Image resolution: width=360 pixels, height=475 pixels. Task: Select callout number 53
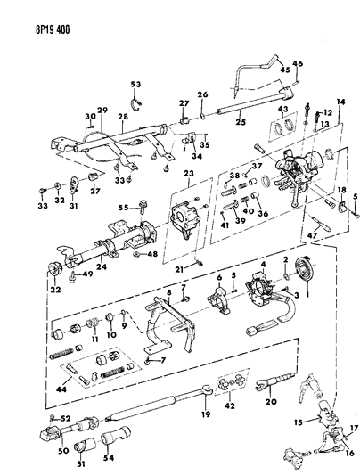point(135,85)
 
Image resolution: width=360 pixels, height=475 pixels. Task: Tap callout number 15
point(301,420)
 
